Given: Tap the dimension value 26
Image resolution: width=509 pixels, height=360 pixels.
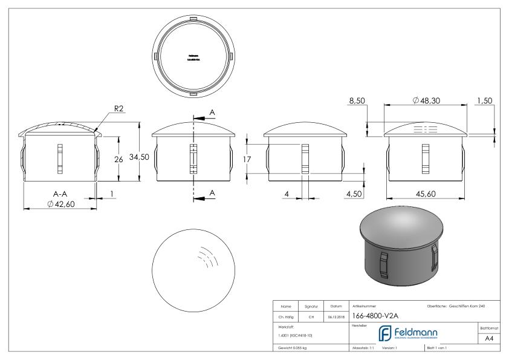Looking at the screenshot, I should tap(118, 160).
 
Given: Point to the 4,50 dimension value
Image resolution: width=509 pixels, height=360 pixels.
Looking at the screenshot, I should tap(354, 194).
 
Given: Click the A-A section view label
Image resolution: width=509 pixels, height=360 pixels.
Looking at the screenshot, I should tap(59, 194).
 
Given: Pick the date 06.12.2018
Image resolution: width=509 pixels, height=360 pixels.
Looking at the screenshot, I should tap(334, 316).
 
